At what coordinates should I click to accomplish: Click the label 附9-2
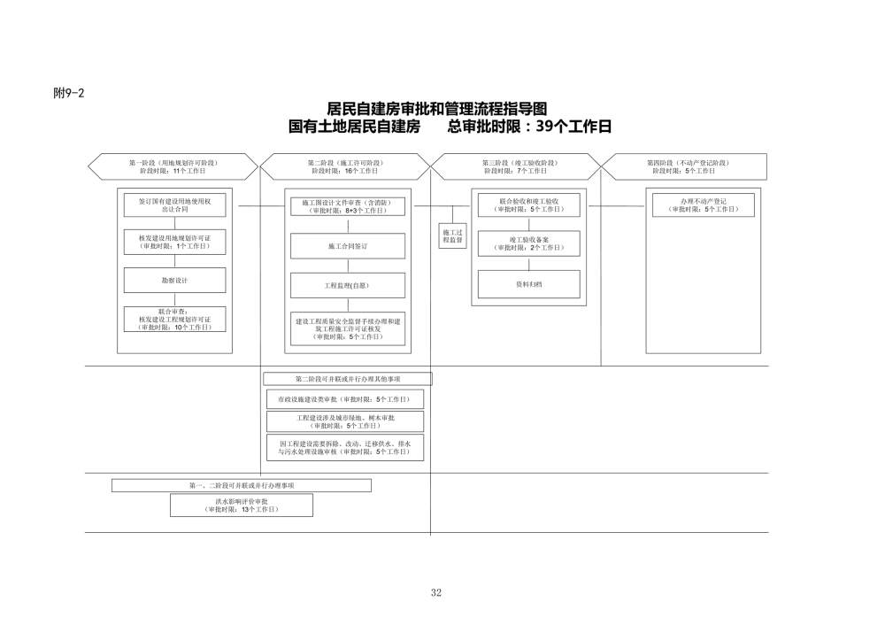coord(68,94)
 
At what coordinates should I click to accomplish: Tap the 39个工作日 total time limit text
coord(566,127)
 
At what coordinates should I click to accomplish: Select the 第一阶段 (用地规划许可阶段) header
coord(173,166)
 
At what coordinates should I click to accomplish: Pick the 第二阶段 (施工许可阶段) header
coord(344,166)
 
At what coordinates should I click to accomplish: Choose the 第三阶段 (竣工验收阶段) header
coord(519,166)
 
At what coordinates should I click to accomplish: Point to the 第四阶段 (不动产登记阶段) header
coord(687,166)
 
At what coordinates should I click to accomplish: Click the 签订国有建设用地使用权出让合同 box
coord(174,205)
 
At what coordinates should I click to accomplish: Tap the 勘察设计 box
coord(174,280)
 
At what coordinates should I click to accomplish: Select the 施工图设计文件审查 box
coord(347,206)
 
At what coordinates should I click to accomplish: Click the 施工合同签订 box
coord(347,245)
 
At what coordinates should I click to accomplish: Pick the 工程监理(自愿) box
coord(347,286)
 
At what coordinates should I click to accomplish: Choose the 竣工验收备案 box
coord(529,243)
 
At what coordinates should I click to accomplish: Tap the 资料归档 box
coord(529,284)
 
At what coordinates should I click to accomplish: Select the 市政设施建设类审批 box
coord(345,399)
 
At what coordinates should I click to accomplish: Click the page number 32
coord(435,592)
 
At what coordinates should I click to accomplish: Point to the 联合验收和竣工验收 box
coord(529,204)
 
